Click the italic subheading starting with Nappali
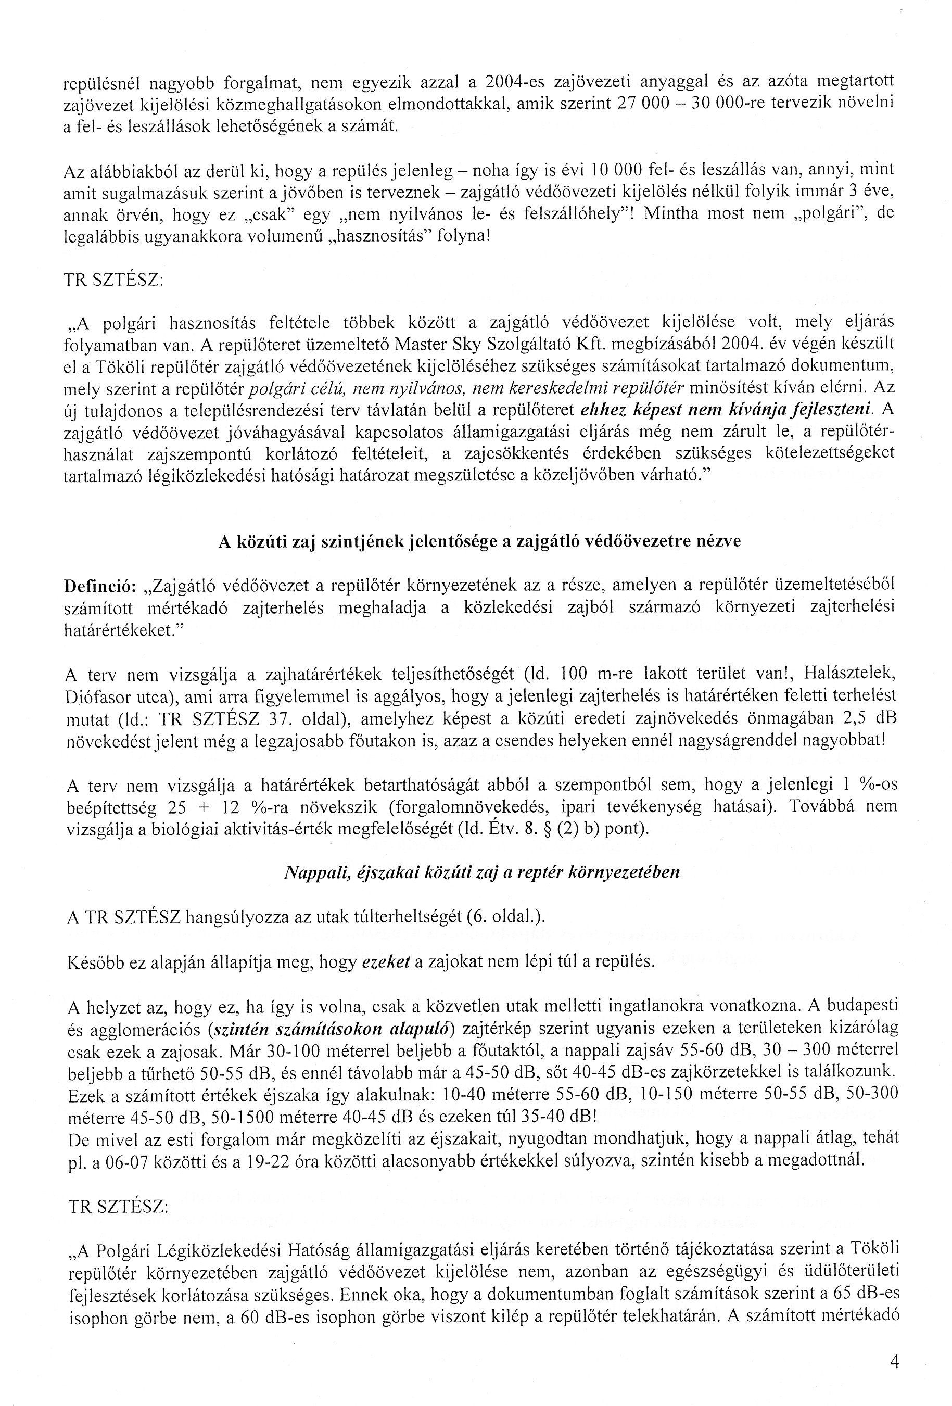(x=481, y=872)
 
